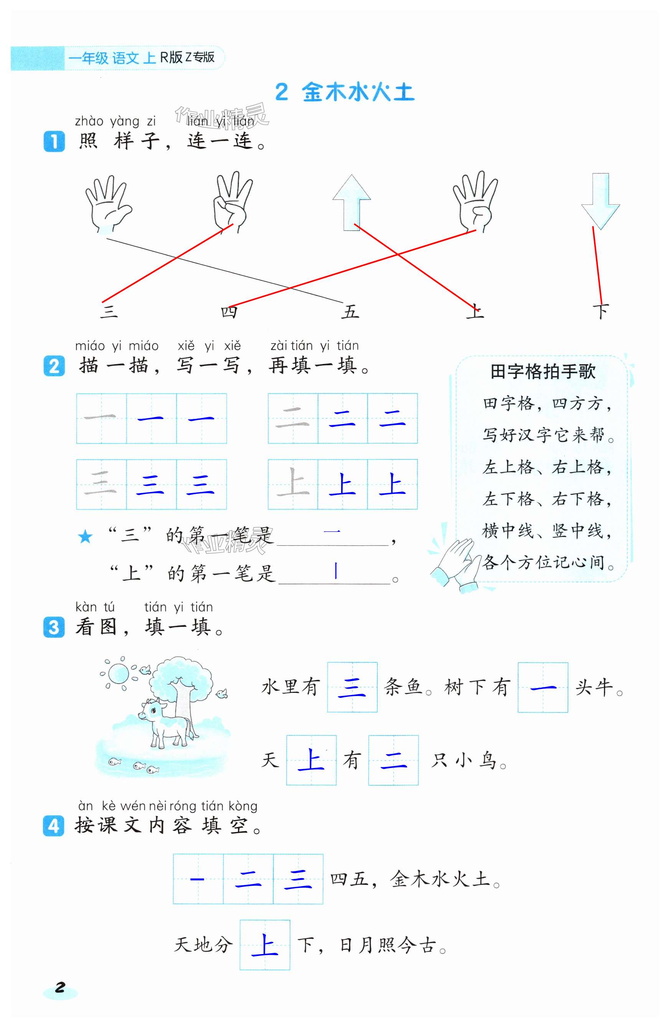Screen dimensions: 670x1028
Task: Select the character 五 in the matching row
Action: (x=350, y=311)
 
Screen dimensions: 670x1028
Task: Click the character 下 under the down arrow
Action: (x=601, y=311)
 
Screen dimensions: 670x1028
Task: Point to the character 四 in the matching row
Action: (x=229, y=311)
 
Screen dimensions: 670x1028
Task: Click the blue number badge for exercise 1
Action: (x=54, y=141)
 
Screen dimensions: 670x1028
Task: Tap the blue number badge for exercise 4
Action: (x=54, y=826)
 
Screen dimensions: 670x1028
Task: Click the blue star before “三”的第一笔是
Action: (x=85, y=537)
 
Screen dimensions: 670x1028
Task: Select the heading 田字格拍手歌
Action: (x=543, y=372)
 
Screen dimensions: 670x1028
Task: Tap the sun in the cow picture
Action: (x=118, y=673)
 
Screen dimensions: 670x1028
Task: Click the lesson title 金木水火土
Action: (x=358, y=92)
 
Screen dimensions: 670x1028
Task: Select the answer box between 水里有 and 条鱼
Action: (x=352, y=687)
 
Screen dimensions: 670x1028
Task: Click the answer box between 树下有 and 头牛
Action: (x=543, y=687)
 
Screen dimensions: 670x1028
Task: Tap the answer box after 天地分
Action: (x=264, y=945)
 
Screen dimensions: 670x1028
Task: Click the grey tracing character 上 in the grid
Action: (x=293, y=484)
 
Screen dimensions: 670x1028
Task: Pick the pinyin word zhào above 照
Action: (x=89, y=122)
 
